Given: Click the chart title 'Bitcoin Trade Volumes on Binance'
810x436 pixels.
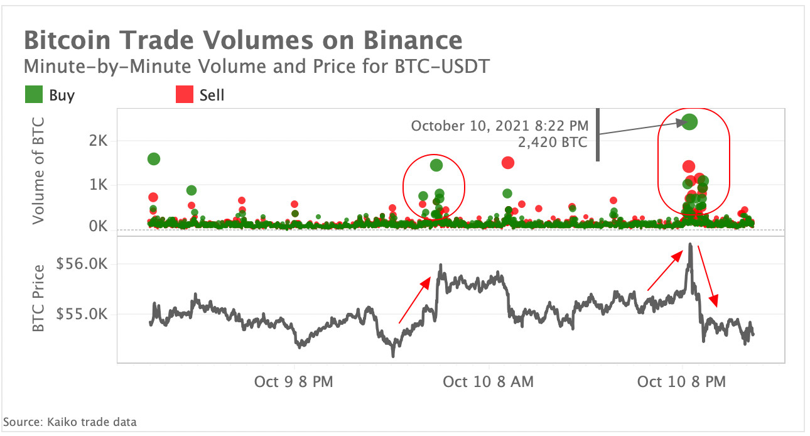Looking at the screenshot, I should [x=243, y=41].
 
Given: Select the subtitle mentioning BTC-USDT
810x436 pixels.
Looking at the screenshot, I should [x=256, y=66].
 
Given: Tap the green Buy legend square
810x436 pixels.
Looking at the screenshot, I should [x=33, y=95].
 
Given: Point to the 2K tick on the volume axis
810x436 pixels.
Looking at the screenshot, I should [x=99, y=141].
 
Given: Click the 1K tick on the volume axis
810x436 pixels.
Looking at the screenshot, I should [x=99, y=185].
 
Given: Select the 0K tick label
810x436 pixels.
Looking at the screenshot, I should [x=99, y=226].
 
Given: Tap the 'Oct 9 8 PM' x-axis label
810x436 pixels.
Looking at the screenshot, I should [x=294, y=381].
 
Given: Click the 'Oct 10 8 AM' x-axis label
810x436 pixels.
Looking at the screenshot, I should [x=488, y=381].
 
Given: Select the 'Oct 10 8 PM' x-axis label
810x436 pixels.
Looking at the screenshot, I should [x=681, y=381].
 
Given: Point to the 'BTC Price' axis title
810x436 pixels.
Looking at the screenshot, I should [x=39, y=298].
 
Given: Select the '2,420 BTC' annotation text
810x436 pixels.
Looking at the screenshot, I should [x=552, y=143].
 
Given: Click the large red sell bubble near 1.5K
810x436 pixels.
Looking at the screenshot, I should [x=508, y=163].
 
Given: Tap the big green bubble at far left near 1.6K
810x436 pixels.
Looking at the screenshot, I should [x=154, y=159].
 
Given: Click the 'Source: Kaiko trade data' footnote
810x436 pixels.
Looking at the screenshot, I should [x=70, y=422].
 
